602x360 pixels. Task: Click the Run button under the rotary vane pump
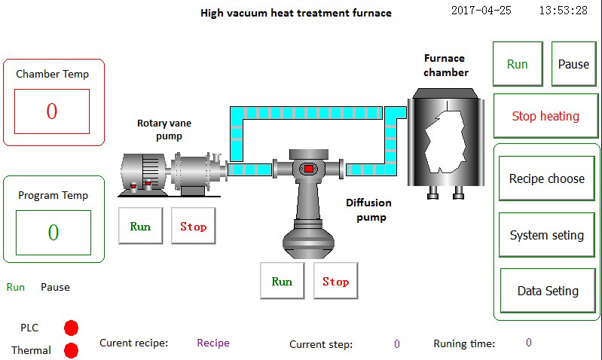tap(140, 226)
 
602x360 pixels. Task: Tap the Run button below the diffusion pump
tap(282, 281)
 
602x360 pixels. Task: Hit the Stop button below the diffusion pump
tap(335, 281)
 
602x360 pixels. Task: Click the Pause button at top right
tap(573, 64)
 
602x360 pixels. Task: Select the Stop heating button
tap(545, 116)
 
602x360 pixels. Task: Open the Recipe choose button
tap(546, 178)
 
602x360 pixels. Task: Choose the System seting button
tap(546, 235)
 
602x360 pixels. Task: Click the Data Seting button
tap(548, 291)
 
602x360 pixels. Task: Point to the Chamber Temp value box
tap(52, 111)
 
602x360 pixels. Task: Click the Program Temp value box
tap(53, 232)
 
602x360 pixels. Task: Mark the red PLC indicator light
tap(72, 328)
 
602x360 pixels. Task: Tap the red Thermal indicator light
tap(72, 350)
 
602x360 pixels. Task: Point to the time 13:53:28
tap(564, 11)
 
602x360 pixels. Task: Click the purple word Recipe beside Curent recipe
tap(213, 343)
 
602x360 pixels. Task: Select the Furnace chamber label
tap(445, 66)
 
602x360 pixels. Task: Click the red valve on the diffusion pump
tap(308, 168)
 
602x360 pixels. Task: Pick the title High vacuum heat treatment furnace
tap(296, 13)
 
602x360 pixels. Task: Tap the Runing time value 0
tap(529, 343)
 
